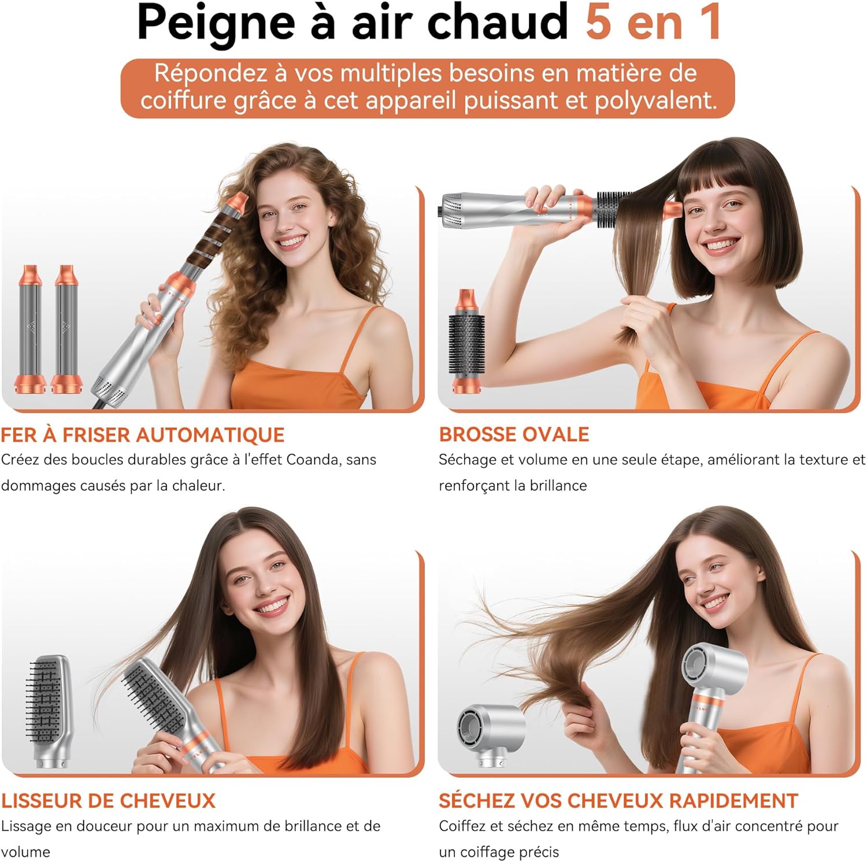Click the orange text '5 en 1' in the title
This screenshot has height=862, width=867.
(x=653, y=22)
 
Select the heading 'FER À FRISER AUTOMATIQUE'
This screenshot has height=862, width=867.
(x=142, y=434)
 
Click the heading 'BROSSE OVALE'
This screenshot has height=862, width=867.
(x=514, y=434)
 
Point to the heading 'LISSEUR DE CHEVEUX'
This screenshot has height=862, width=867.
(x=108, y=801)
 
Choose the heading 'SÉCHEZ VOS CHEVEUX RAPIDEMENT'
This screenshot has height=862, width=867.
(x=618, y=801)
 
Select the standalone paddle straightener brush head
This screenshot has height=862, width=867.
(x=49, y=711)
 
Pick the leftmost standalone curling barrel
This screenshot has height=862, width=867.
(x=29, y=329)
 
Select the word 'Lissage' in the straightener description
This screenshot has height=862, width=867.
(x=25, y=827)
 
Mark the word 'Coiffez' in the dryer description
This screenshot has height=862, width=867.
(x=462, y=826)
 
